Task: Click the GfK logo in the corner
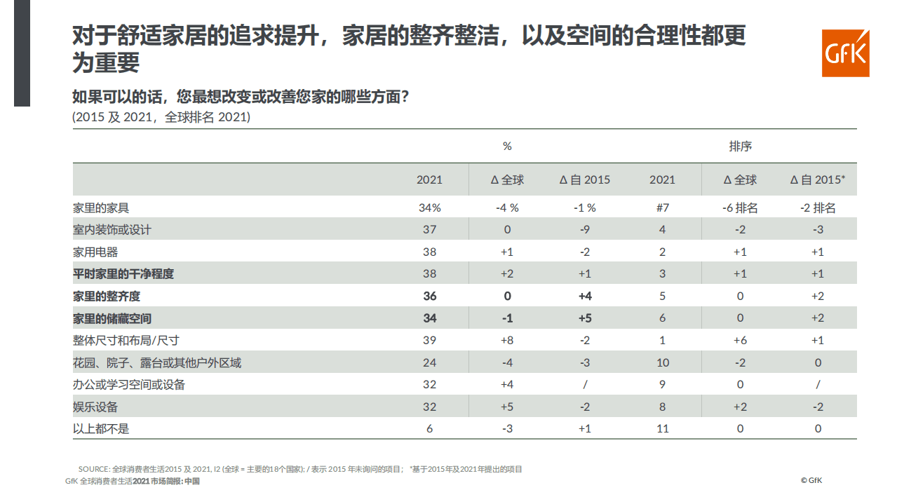[845, 53]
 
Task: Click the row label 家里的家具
[101, 208]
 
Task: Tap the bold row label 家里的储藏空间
[112, 318]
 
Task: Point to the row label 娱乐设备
[95, 407]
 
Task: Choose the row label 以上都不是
[101, 429]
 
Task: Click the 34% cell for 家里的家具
[429, 208]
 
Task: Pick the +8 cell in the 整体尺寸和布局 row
[507, 341]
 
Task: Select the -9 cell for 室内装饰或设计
[584, 230]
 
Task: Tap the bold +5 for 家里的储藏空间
[584, 318]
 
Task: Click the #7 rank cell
[662, 208]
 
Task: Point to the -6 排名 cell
[740, 208]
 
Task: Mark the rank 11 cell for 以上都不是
[662, 429]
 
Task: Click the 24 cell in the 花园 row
[429, 363]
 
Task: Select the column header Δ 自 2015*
[817, 180]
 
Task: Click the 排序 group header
[740, 147]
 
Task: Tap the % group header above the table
[507, 147]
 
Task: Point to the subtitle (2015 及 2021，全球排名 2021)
[161, 117]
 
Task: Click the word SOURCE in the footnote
[94, 469]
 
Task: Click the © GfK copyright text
[811, 481]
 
